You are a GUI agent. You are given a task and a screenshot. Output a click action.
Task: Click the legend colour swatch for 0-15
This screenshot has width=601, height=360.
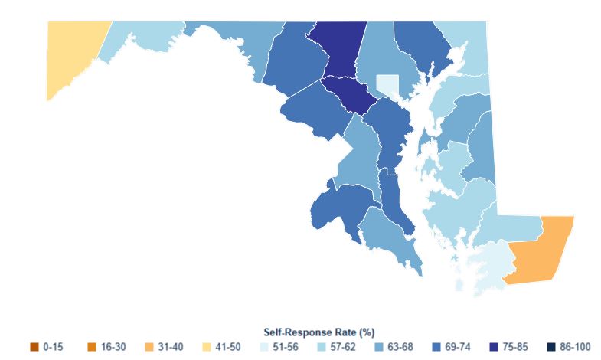(x=34, y=347)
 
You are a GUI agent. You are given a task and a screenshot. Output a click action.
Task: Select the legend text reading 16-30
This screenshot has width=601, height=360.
(x=113, y=347)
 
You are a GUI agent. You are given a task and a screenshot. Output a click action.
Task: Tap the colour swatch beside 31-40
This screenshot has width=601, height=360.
(x=149, y=347)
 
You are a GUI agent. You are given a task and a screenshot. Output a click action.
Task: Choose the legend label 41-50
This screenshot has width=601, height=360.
(x=228, y=347)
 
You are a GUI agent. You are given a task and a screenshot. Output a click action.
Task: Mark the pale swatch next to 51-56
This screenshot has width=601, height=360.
(x=264, y=347)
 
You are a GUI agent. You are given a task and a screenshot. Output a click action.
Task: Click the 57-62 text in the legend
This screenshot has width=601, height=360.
(x=343, y=347)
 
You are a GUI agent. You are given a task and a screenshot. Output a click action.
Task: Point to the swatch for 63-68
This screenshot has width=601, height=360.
(x=379, y=347)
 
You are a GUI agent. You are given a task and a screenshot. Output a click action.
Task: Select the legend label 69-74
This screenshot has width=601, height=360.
(x=458, y=347)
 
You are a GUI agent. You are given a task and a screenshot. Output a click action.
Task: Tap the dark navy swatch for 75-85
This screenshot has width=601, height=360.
(x=494, y=347)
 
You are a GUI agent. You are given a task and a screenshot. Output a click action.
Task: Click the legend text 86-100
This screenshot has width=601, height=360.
(x=575, y=347)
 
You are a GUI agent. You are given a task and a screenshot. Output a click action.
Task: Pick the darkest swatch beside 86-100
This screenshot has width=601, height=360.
(x=551, y=347)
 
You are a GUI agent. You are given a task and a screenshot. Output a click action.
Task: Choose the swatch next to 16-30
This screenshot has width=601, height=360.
(x=92, y=347)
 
